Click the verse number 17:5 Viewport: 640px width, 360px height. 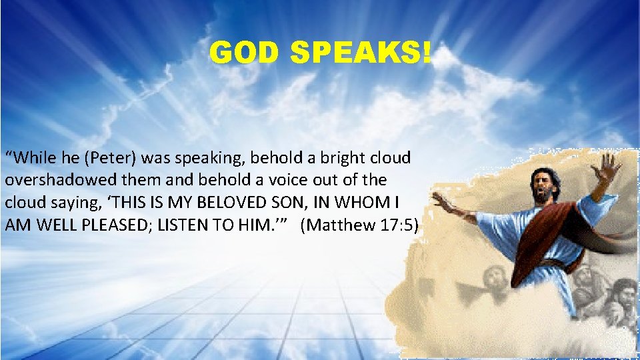click(x=399, y=225)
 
